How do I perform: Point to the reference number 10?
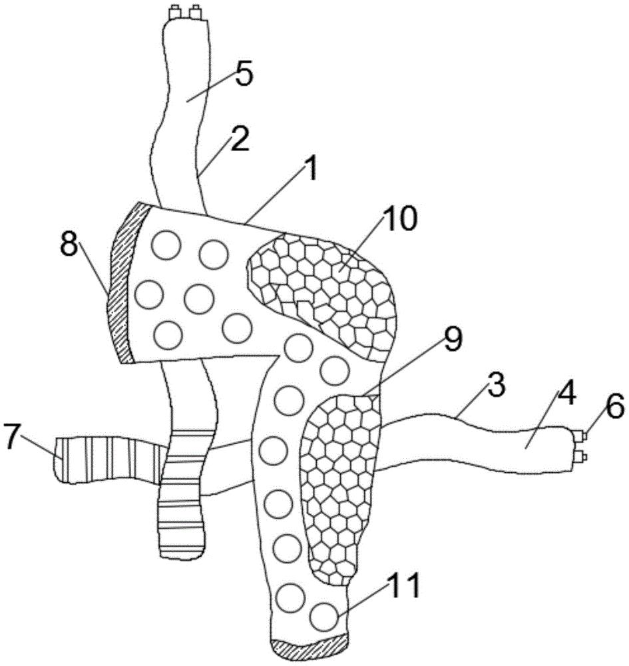click(x=400, y=218)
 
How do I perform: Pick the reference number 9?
click(x=453, y=340)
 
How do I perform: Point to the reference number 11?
click(x=405, y=585)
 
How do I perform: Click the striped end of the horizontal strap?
click(x=106, y=460)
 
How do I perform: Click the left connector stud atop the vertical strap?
click(x=174, y=13)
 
